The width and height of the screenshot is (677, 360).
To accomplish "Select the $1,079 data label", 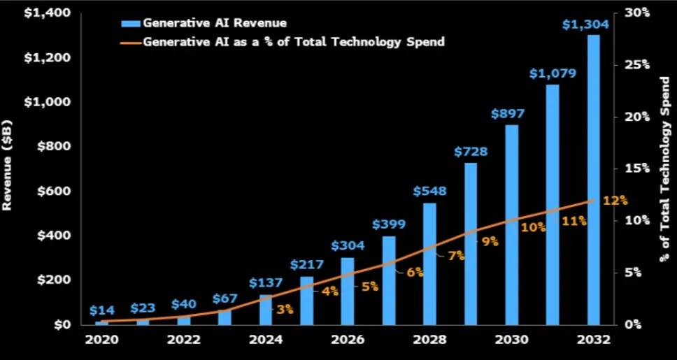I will [x=552, y=73].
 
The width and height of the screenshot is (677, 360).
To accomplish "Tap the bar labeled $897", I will [x=511, y=224].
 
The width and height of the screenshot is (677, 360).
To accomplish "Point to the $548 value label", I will [x=429, y=191].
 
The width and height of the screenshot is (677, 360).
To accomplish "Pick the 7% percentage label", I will [x=456, y=256].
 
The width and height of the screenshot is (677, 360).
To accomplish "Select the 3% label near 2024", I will [x=285, y=309].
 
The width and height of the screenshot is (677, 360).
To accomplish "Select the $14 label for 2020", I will [x=101, y=310].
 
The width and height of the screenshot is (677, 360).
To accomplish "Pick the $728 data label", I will [x=470, y=151].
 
